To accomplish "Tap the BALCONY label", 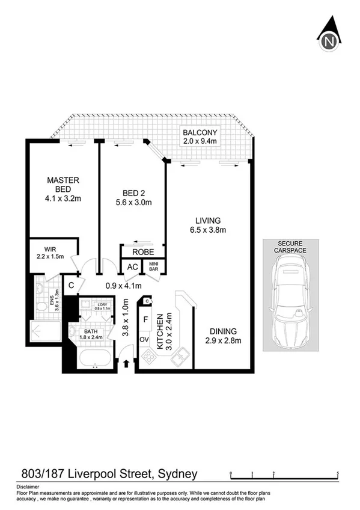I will coord(201,133).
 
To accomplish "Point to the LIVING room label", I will coord(207,220).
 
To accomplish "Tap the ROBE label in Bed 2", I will coord(142,252).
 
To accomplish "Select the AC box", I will coord(131,267).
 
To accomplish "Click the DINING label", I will coord(223,331).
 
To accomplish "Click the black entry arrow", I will coord(127,363).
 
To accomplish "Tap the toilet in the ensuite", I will coord(40,307).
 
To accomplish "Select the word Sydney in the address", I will coord(177,474).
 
